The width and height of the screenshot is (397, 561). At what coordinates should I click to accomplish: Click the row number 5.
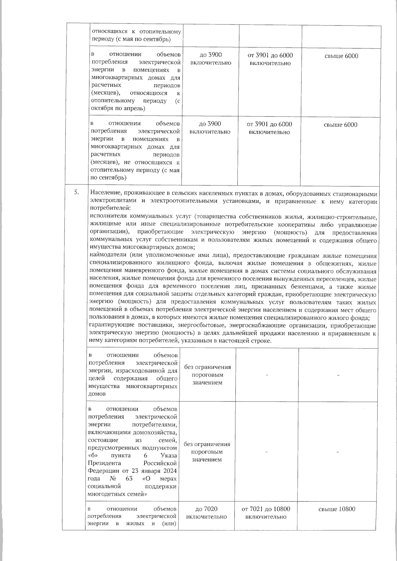pos(76,192)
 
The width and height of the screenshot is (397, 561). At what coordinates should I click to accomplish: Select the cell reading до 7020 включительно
pos(206,513)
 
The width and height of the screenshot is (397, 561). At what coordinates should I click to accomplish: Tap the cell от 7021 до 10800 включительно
pos(266,513)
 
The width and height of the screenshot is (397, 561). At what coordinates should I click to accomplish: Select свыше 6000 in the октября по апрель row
pos(341,56)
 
